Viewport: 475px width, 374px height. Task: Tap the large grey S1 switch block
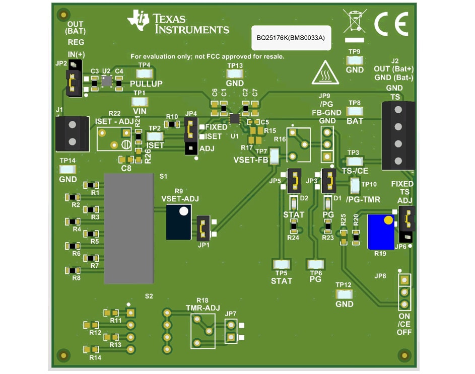(128, 229)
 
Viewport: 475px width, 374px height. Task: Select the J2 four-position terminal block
(397, 135)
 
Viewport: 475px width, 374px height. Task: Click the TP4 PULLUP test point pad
(144, 73)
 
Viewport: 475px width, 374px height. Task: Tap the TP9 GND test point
(355, 60)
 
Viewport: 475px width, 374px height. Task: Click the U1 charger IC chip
(234, 118)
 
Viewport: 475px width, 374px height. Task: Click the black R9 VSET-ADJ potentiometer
(179, 221)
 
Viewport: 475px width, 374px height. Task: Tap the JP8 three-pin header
(403, 292)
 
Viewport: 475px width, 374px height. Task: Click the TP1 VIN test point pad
(140, 101)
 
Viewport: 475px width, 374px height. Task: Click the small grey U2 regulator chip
(106, 81)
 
